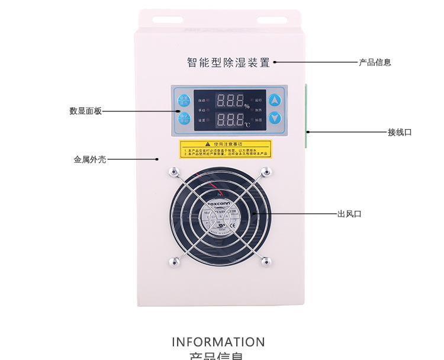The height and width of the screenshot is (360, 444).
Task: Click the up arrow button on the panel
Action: coord(274,101)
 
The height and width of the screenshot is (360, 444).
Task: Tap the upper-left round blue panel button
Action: coord(184,100)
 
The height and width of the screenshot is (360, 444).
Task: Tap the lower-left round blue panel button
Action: coord(184,118)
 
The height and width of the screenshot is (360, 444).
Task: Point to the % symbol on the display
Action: coord(247,107)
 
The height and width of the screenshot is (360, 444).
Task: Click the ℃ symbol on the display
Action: coord(247,124)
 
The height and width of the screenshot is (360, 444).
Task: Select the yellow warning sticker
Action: coord(226,149)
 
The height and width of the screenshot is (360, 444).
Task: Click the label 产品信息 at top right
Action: coord(375,62)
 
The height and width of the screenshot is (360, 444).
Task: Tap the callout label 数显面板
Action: coord(85,111)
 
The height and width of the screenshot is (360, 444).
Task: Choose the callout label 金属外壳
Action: coord(89,159)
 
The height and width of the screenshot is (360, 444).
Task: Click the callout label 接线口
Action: coord(400,132)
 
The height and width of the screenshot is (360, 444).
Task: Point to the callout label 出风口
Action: coord(349,214)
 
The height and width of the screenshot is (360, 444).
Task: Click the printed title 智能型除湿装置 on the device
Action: coord(228,62)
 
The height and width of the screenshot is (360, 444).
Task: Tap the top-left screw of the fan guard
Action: coord(173,172)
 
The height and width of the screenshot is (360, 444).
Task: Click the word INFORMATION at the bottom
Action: coord(218,342)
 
